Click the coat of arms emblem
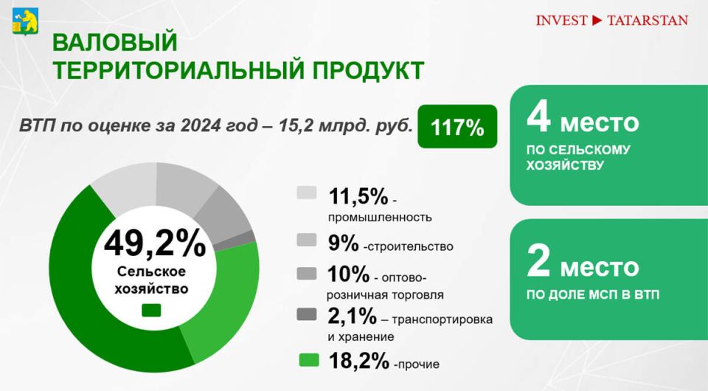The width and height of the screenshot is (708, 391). (x=25, y=21)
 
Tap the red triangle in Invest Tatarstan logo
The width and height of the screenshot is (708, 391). (x=597, y=21)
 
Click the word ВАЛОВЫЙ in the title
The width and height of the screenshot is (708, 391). (x=115, y=43)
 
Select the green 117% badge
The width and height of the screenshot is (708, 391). (x=457, y=126)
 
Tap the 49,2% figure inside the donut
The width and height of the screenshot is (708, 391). (x=155, y=243)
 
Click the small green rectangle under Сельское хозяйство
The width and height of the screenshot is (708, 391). (x=151, y=310)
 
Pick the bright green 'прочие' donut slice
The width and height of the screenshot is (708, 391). (x=226, y=298)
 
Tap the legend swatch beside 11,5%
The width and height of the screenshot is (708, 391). (x=307, y=193)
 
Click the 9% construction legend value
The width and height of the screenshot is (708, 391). (x=344, y=243)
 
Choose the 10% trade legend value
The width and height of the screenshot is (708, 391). (x=348, y=274)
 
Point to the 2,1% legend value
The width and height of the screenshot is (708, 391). (x=353, y=316)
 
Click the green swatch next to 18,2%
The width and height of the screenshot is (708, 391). (x=309, y=360)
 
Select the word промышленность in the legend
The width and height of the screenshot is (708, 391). (x=380, y=218)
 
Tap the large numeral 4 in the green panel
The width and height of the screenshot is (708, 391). (x=538, y=117)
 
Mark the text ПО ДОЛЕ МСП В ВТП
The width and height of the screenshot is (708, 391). (x=592, y=295)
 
